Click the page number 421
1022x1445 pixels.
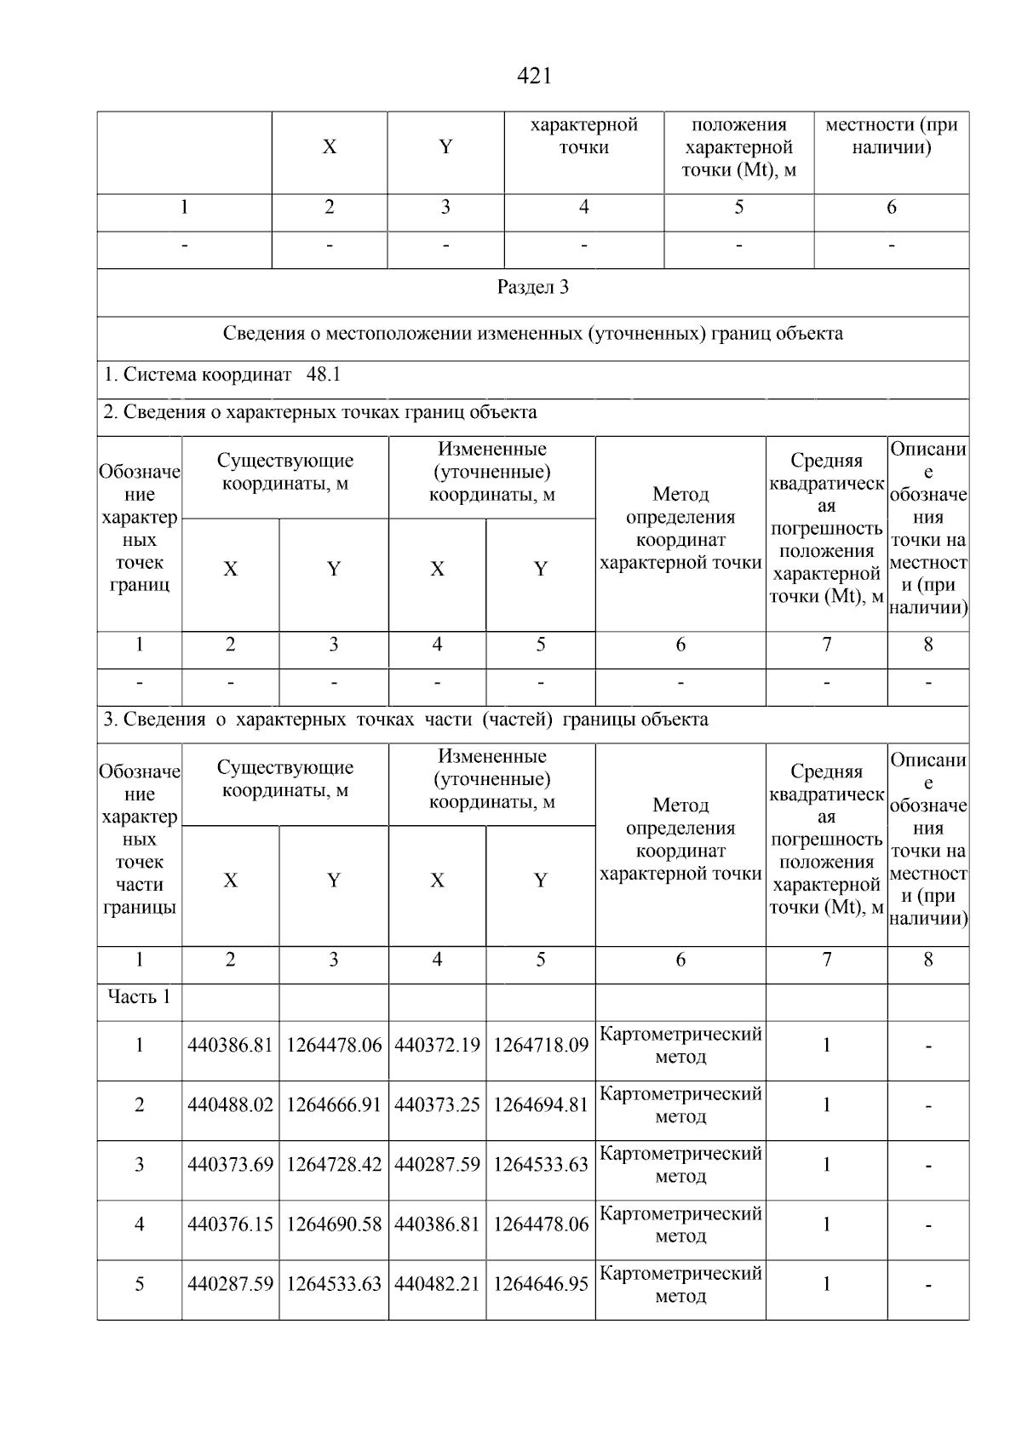click(534, 77)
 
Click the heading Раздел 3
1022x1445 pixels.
click(532, 288)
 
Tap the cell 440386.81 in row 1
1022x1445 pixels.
click(230, 1046)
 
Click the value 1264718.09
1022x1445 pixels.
click(540, 1046)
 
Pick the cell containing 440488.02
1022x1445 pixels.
click(230, 1105)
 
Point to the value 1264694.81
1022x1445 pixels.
click(540, 1105)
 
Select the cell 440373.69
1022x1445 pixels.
click(230, 1165)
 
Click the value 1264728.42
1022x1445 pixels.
click(334, 1165)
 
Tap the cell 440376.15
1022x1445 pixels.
click(230, 1224)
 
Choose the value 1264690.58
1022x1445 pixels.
click(334, 1224)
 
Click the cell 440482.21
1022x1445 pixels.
click(437, 1284)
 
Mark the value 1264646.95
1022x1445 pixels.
click(540, 1284)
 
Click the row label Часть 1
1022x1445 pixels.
click(139, 997)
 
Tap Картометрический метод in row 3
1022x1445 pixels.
click(680, 1165)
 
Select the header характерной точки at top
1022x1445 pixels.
click(583, 136)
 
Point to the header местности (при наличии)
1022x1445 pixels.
click(891, 136)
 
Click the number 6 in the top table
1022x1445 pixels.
click(891, 208)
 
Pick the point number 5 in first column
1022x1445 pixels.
click(139, 1284)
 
